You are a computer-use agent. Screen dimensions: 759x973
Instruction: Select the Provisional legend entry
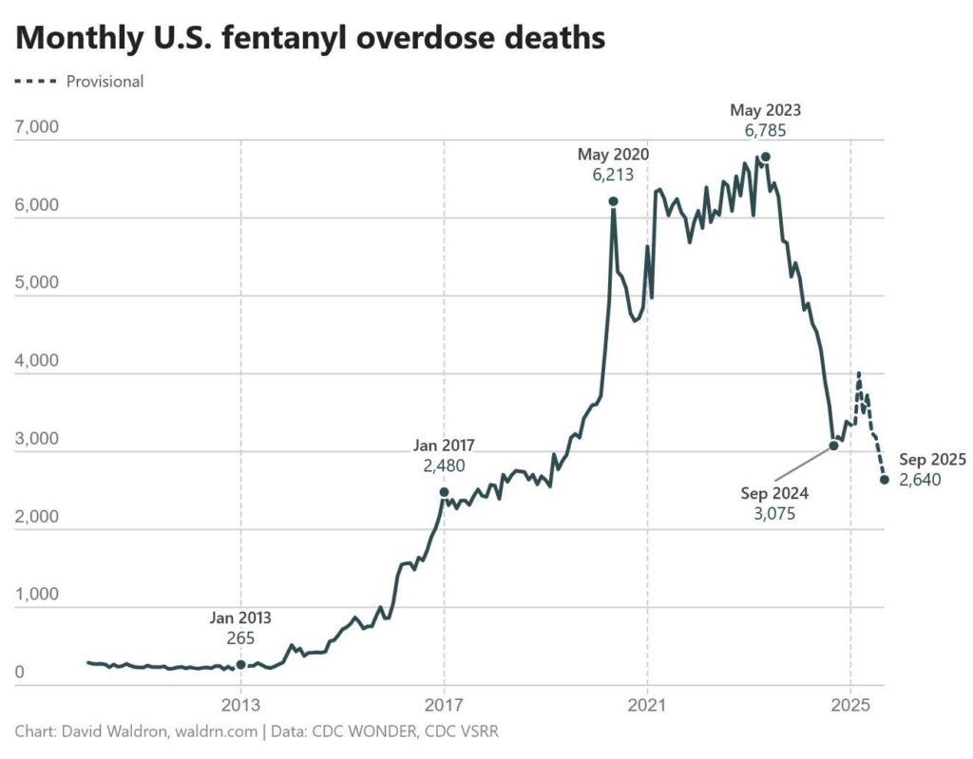click(105, 82)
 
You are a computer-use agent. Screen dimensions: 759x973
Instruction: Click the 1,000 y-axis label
click(37, 596)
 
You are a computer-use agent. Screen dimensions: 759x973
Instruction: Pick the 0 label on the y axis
click(20, 674)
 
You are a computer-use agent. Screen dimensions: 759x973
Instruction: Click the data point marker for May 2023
click(765, 157)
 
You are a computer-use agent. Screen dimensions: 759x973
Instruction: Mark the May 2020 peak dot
click(613, 201)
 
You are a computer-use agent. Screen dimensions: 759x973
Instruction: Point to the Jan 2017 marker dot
click(444, 492)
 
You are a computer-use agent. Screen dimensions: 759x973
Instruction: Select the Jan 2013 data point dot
click(240, 665)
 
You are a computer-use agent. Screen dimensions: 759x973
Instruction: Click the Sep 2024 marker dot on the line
click(833, 446)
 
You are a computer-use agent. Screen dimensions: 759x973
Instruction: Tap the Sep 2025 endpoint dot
click(885, 480)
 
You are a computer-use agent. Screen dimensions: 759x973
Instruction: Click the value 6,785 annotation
click(765, 131)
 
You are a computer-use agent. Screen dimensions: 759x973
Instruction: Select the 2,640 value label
click(919, 480)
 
